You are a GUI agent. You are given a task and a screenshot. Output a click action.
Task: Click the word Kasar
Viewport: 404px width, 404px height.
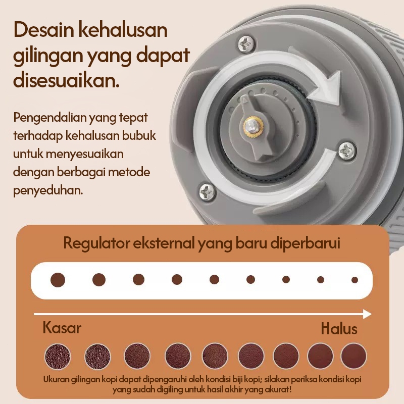pos(62,328)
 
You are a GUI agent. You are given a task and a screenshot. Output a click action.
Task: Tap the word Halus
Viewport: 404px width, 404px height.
pos(339,329)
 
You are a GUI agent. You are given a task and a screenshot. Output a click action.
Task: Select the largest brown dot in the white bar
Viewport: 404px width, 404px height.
pos(58,280)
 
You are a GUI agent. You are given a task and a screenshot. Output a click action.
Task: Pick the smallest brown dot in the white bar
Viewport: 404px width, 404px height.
pos(355,280)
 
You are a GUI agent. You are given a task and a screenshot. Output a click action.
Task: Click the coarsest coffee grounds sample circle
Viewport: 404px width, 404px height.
pos(58,357)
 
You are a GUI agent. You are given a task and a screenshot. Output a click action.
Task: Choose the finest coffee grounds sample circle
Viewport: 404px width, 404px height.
pos(353,356)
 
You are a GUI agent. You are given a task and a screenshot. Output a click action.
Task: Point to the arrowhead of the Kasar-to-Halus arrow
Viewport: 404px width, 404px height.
pos(367,314)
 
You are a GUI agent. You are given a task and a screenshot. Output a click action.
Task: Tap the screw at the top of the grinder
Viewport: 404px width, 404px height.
pos(246,43)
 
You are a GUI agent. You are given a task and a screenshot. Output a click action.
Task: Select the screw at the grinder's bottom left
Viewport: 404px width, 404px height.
pos(208,191)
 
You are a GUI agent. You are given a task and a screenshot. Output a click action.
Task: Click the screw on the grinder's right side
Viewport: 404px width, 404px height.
pos(347,150)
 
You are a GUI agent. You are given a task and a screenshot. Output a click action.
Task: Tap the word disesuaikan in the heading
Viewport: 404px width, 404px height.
pos(66,80)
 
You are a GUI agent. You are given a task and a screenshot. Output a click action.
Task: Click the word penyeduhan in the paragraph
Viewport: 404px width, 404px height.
pos(48,191)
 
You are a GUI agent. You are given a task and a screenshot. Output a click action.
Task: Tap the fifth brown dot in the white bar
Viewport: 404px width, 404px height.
pos(214,280)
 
